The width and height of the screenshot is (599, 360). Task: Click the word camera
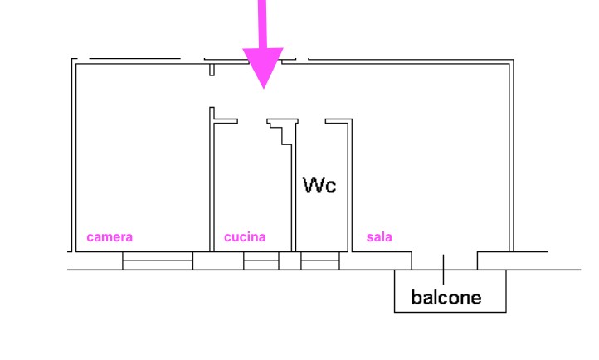110,237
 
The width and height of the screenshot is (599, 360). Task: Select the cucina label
245,237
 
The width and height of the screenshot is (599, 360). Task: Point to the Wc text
320,184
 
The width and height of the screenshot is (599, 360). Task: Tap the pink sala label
379,237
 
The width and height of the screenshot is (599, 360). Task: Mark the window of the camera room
158,260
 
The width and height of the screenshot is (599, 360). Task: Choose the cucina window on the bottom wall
261,260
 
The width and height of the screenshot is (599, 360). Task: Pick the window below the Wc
320,260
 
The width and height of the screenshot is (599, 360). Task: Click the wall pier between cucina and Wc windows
290,260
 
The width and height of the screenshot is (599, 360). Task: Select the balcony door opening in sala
444,260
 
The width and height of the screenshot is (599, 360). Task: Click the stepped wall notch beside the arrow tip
283,128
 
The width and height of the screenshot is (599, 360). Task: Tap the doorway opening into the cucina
251,121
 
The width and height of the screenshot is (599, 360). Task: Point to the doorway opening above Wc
311,121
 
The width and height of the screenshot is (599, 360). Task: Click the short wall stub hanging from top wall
212,69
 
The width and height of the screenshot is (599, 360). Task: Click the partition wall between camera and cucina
211,182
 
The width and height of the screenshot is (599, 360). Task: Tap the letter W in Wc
313,184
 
